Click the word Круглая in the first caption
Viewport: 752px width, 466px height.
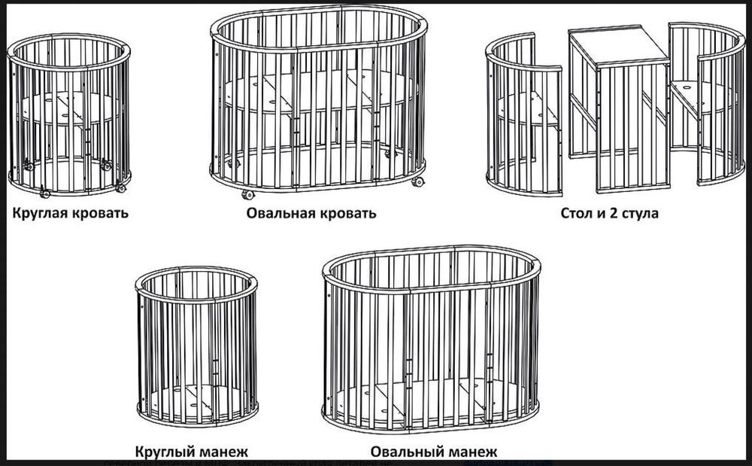pyautogui.click(x=41, y=212)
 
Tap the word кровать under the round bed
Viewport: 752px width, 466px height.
pyautogui.click(x=100, y=212)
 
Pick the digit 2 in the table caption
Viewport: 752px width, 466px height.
pyautogui.click(x=614, y=213)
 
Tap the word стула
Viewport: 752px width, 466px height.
pyautogui.click(x=641, y=213)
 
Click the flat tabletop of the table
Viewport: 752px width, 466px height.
pyautogui.click(x=618, y=46)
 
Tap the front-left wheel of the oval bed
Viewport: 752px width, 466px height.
pyautogui.click(x=247, y=194)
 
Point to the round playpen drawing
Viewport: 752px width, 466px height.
pyautogui.click(x=197, y=346)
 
